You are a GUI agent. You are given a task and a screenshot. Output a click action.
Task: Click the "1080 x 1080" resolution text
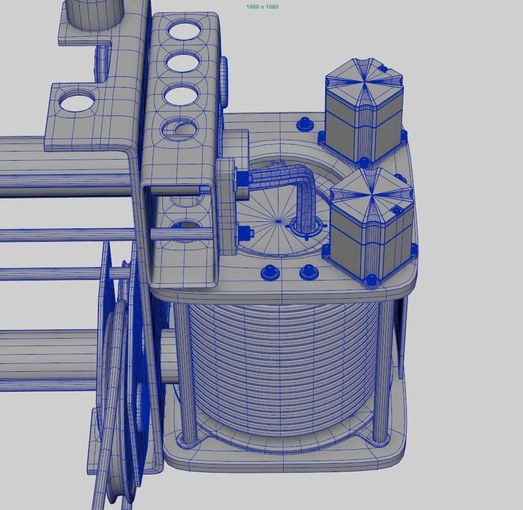[262, 7]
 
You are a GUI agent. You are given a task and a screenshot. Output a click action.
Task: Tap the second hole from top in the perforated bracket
[183, 62]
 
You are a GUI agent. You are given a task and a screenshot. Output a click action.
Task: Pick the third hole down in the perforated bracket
[181, 96]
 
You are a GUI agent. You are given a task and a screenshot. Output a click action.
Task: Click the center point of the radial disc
[278, 220]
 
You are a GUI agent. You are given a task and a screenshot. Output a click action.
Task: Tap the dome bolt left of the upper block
[305, 124]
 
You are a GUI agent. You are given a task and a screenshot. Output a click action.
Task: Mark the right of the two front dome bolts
[308, 271]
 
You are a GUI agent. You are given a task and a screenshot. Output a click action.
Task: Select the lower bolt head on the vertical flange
[245, 233]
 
